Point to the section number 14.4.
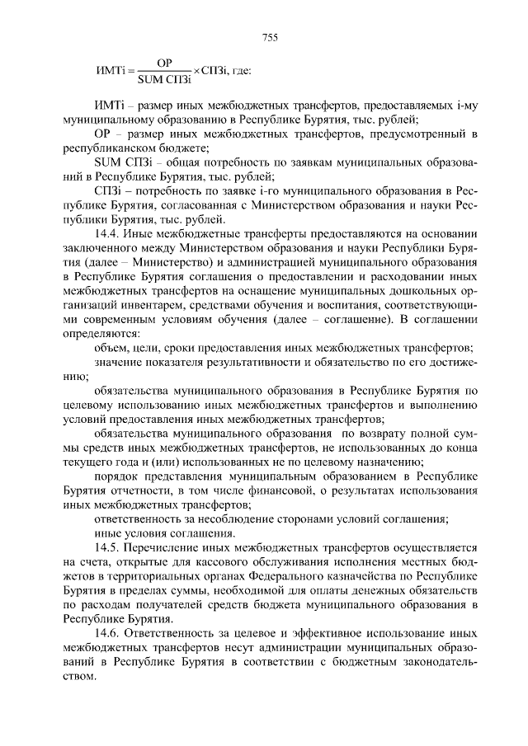[x=108, y=233]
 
